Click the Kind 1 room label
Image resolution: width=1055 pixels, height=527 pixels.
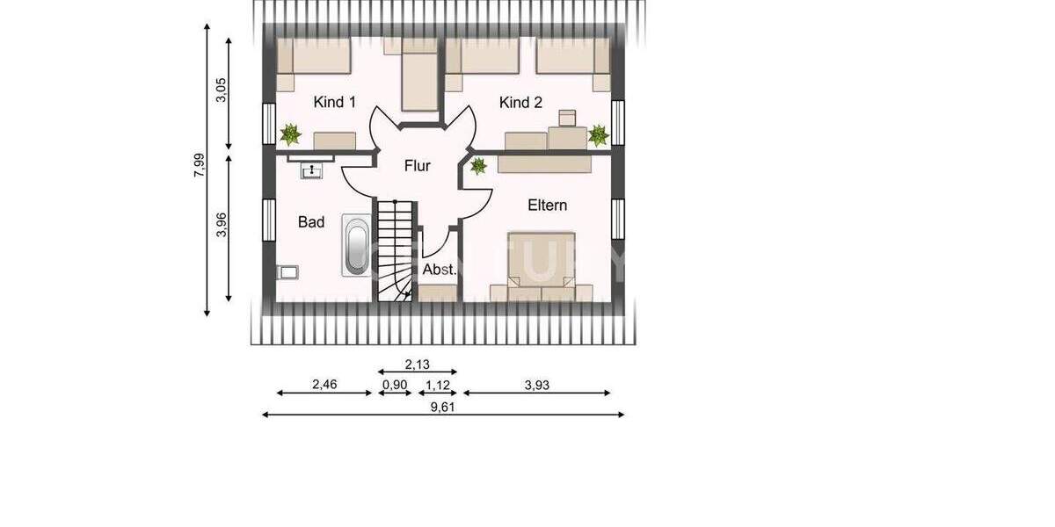pos(334,103)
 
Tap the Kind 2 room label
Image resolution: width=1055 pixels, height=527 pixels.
pos(520,103)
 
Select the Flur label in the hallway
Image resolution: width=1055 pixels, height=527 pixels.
pos(418,166)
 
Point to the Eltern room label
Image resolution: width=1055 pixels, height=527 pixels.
pos(547,206)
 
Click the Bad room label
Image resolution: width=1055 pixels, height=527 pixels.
pos(311,222)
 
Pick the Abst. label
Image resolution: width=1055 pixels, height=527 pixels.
pos(440,271)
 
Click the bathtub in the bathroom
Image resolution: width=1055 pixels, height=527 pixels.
pos(356,247)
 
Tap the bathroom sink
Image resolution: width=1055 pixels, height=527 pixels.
pos(311,170)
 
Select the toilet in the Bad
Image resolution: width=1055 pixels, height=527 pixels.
pos(287,272)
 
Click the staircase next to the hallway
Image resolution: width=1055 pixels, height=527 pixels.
pos(396,250)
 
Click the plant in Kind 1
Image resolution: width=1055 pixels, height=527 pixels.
pos(290,134)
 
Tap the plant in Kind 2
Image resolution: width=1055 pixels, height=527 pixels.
pos(598,134)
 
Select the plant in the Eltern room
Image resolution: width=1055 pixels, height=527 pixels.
pos(478,166)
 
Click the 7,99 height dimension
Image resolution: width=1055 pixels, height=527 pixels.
pos(199,165)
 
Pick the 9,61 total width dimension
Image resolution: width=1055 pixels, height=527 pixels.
pos(443,407)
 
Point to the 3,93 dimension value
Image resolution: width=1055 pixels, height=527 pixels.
pos(536,385)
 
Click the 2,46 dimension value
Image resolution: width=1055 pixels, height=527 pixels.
pos(324,385)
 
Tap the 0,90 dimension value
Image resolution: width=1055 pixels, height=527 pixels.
pos(393,385)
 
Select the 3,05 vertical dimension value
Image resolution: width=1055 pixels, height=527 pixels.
pos(222,90)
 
